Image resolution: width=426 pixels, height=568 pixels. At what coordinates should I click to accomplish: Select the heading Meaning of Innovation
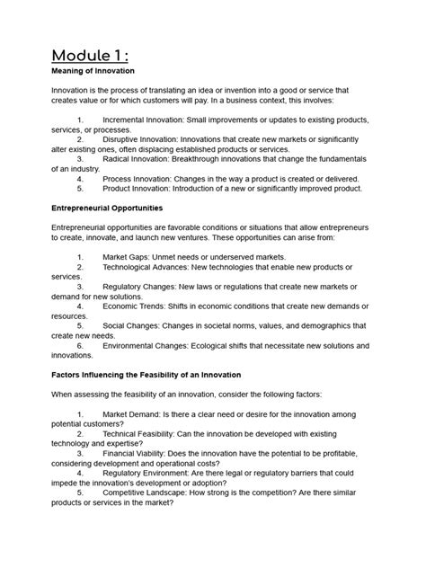click(93, 70)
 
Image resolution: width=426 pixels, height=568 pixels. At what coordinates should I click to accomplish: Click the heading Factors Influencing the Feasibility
click(166, 372)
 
